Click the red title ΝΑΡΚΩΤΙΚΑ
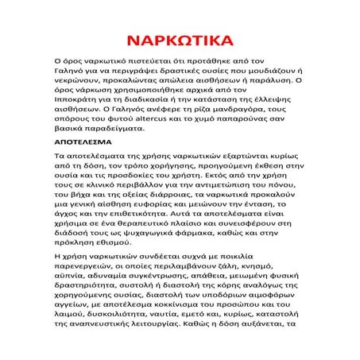click(x=179, y=39)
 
